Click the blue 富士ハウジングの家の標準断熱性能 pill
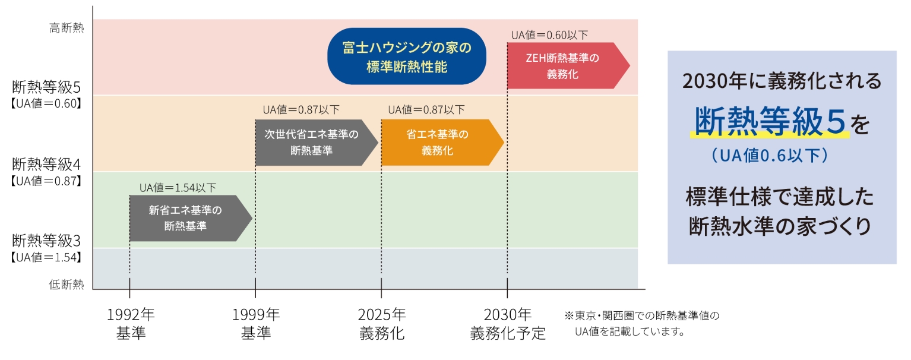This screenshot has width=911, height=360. click(407, 57)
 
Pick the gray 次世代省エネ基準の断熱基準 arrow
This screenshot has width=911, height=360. click(312, 143)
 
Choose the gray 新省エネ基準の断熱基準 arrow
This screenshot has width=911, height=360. click(186, 218)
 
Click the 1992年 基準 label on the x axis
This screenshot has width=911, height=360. click(130, 324)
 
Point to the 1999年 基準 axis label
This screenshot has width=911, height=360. click(256, 324)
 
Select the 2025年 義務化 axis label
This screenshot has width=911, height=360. click(382, 324)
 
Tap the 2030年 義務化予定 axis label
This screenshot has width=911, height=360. click(508, 324)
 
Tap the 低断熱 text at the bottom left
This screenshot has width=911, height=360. click(67, 285)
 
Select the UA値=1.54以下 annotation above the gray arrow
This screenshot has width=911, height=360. click(178, 188)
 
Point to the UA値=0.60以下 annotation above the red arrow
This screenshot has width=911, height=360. click(549, 35)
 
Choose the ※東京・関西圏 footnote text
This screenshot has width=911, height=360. click(641, 315)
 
